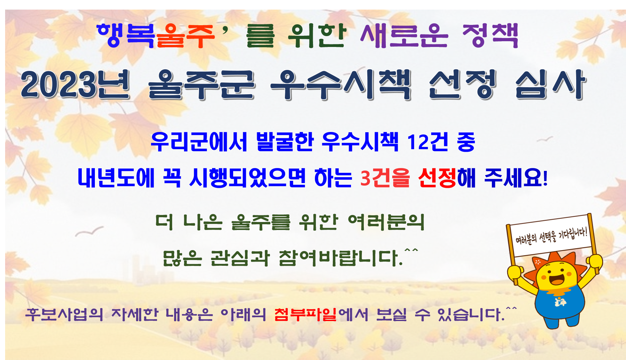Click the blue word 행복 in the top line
(126, 35)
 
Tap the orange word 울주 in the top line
(185, 36)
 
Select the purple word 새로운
(404, 36)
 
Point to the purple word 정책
(490, 36)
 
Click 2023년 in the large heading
(75, 84)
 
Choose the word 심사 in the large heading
(551, 84)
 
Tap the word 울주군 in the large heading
(202, 85)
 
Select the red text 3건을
(385, 178)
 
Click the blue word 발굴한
(285, 142)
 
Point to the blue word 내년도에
(116, 178)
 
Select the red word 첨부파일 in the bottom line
(305, 314)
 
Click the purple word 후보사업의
(64, 314)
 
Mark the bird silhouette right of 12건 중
(545, 139)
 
